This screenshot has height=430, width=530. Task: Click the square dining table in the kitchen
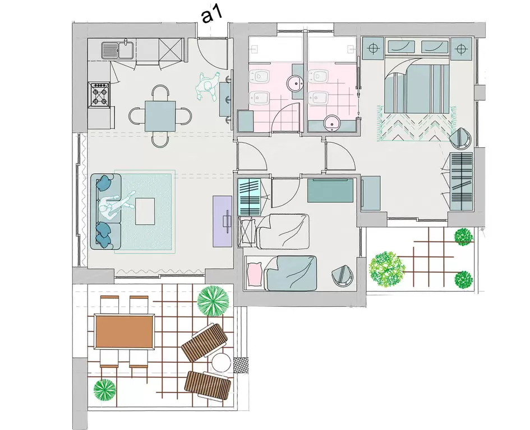[160, 116]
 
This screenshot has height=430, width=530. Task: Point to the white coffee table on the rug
[145, 211]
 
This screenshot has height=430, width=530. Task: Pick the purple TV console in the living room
[222, 221]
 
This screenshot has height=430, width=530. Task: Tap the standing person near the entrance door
[206, 87]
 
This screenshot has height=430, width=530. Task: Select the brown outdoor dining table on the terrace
[125, 331]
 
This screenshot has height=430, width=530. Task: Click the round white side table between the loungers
[221, 363]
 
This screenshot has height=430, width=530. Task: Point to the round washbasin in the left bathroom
[297, 82]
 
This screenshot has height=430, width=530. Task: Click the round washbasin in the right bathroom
[332, 123]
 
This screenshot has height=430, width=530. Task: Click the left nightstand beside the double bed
[373, 49]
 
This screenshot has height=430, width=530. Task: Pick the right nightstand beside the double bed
[460, 49]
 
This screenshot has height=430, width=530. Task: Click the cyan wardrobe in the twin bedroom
[250, 198]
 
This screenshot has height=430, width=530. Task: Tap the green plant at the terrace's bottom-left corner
[105, 390]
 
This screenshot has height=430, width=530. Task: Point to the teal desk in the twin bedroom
[330, 191]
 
